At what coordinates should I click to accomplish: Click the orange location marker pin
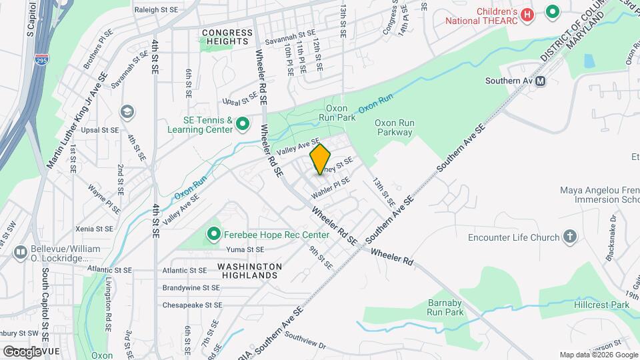click(x=321, y=159)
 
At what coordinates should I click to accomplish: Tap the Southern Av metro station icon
click(x=541, y=81)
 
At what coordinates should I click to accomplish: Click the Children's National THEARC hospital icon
click(x=527, y=14)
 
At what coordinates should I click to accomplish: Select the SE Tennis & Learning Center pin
click(x=243, y=124)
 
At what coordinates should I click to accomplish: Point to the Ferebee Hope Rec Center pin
click(x=214, y=234)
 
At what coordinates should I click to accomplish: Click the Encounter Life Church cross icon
click(x=570, y=237)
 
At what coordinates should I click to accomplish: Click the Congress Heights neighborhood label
click(x=228, y=37)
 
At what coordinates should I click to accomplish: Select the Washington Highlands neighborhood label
click(x=249, y=271)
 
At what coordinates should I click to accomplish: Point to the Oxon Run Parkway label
click(x=395, y=127)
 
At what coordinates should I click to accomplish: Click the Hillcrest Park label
click(x=601, y=305)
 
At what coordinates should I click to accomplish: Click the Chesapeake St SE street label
click(x=191, y=305)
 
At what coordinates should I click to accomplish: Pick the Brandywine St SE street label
click(x=191, y=288)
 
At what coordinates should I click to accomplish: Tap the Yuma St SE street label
click(x=246, y=250)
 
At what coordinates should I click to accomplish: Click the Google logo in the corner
click(x=22, y=351)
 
